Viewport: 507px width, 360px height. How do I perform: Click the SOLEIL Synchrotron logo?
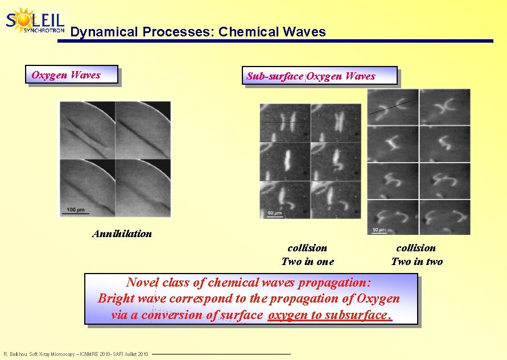[x=35, y=21]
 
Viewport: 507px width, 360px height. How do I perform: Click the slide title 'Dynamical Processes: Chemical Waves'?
[x=198, y=32]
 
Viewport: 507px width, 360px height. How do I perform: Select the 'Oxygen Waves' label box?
[x=71, y=75]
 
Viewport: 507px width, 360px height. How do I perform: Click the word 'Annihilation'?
[x=122, y=234]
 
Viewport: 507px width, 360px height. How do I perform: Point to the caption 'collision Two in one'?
[x=307, y=255]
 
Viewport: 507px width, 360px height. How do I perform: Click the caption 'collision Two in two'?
[x=417, y=255]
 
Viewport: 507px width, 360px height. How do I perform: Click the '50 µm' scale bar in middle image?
[x=274, y=214]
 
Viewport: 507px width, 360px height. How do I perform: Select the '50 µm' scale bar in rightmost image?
[x=380, y=230]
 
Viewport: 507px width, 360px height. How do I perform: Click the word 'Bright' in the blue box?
[x=116, y=299]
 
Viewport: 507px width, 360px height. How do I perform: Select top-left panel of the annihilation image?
[x=87, y=130]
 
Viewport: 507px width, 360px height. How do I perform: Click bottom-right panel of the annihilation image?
[x=143, y=188]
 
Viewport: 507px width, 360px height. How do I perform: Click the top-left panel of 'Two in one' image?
[x=285, y=122]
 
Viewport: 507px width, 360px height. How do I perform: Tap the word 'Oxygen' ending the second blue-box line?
[x=378, y=299]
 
